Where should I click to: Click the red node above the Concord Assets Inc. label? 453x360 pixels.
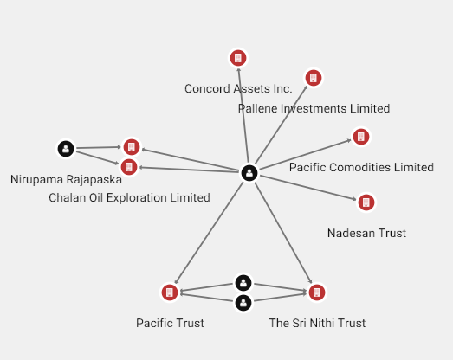(238, 58)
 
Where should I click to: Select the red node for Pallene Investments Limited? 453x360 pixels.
(314, 78)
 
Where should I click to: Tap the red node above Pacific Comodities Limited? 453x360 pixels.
(361, 137)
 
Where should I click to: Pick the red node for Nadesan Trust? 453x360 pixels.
(366, 202)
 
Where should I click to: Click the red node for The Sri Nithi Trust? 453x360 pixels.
(317, 292)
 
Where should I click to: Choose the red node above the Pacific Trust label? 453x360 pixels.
(170, 292)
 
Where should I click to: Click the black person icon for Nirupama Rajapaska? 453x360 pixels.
(66, 149)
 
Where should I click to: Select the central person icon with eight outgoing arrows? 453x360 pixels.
(249, 173)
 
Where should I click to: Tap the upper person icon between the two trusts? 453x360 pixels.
(243, 283)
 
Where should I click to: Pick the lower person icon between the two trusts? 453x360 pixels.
(243, 303)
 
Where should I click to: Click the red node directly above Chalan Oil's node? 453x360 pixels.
(132, 147)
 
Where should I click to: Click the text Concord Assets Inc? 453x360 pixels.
(238, 88)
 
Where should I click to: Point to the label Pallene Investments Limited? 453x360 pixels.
(314, 108)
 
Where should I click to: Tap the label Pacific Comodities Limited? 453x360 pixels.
(361, 167)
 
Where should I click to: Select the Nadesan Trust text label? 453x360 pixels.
(366, 233)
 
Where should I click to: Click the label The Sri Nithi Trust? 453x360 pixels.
(317, 323)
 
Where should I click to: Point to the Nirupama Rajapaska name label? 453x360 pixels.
(66, 179)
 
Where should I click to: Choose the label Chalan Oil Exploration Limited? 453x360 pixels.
(129, 198)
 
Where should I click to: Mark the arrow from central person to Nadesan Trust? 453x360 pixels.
(308, 188)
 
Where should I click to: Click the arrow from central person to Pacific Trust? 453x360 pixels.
(209, 233)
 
